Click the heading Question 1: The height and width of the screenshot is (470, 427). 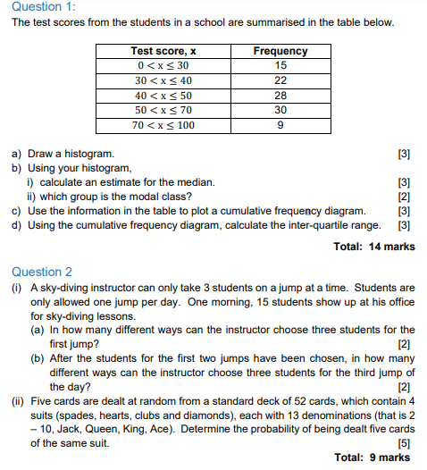point(40,7)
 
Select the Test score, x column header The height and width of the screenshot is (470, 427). point(163,51)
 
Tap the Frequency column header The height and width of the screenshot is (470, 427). point(280,51)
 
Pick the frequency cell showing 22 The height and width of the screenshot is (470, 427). point(280,80)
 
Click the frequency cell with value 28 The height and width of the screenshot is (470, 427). point(280,95)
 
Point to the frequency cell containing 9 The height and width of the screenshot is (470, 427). point(280,125)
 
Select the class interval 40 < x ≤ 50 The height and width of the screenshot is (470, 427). point(163,95)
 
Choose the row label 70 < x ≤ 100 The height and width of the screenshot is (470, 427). point(163,125)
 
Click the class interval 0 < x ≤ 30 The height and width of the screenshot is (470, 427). point(163,65)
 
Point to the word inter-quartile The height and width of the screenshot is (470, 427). point(300,225)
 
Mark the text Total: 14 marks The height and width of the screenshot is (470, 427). point(373,247)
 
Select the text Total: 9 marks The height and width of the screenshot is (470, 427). point(373,457)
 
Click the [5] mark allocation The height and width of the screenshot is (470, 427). point(405,443)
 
